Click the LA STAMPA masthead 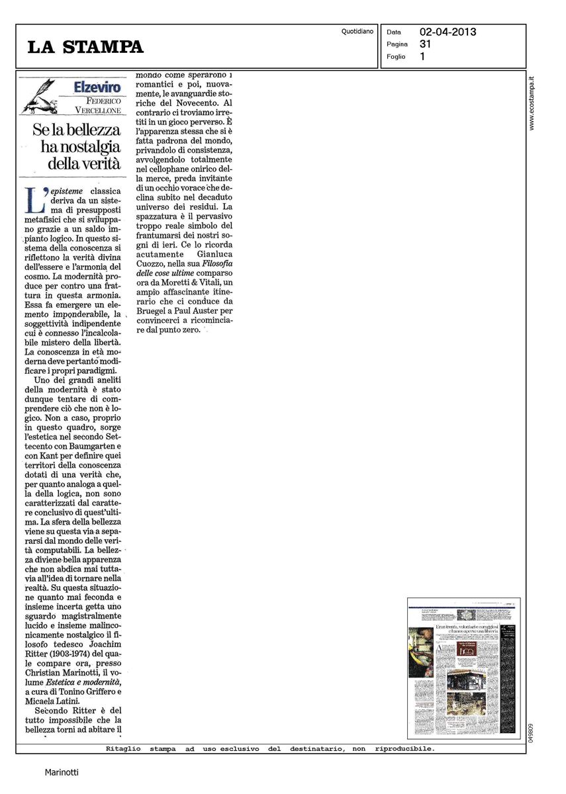point(85,47)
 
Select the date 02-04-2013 point(448,32)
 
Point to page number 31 point(425,44)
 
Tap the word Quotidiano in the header point(357,31)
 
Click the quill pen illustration point(40,94)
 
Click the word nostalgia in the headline point(93,146)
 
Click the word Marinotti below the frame point(61,772)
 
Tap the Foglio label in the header point(397,57)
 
